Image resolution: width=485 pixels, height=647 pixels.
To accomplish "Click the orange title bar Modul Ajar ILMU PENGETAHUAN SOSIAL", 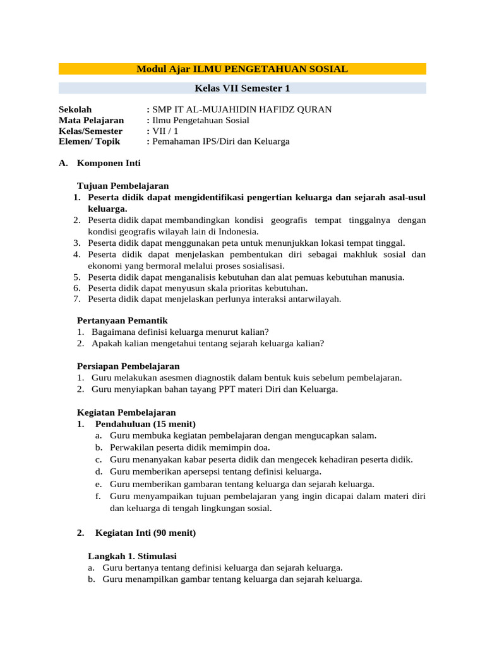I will (242, 69).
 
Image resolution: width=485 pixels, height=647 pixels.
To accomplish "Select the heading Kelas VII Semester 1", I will (242, 88).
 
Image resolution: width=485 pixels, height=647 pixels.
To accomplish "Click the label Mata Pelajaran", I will (92, 120).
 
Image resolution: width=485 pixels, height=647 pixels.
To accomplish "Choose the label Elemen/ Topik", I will (89, 142).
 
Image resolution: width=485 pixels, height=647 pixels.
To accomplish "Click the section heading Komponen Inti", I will (109, 163).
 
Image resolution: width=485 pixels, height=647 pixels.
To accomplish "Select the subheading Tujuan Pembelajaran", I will (123, 186).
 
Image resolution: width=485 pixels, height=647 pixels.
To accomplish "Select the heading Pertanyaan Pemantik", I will (122, 320).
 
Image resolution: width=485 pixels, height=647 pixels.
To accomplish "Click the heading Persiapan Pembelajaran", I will (128, 366).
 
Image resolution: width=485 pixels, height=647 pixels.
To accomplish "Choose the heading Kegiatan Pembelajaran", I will (126, 412).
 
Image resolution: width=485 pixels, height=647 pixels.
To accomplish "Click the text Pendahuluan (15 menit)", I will (145, 423).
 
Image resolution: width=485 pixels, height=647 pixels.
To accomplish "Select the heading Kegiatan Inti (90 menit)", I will (145, 533).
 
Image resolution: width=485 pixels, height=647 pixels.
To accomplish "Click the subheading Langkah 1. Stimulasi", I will (133, 555).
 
